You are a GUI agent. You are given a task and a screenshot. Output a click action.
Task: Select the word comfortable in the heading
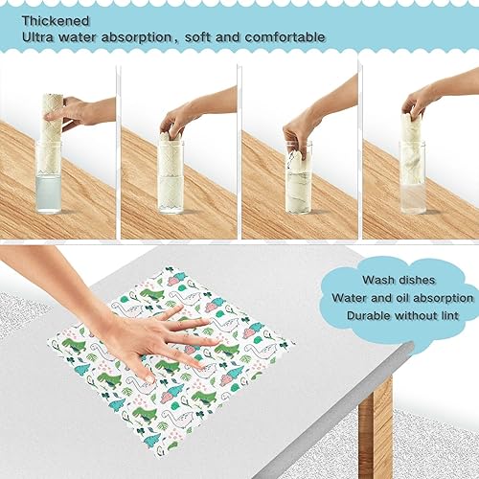[283, 37]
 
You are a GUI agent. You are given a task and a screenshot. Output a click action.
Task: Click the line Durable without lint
[403, 315]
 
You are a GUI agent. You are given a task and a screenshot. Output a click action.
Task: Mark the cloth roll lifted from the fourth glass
[413, 134]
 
